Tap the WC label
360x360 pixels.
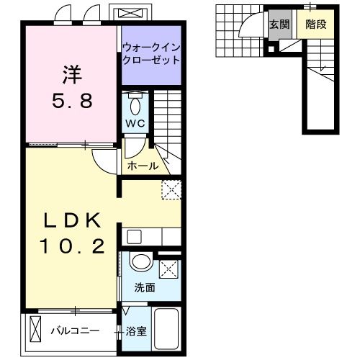[136, 123]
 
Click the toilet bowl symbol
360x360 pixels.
[136, 107]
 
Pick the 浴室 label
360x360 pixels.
[136, 332]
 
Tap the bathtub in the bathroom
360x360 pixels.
[167, 330]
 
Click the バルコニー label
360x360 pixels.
[79, 332]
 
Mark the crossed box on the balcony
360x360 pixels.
[37, 332]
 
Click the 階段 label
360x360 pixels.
[316, 24]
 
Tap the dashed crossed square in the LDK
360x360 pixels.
[171, 189]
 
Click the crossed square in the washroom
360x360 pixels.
[170, 269]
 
